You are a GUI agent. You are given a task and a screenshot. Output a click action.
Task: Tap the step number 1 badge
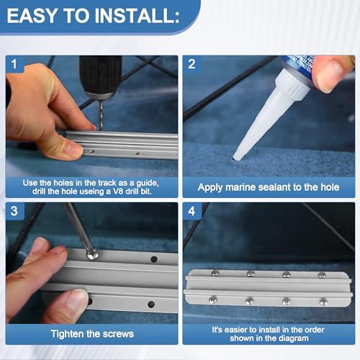click(x=14, y=64)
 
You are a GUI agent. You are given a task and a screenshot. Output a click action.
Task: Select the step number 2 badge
click(x=192, y=64)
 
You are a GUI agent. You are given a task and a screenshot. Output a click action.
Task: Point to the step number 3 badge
click(x=14, y=211)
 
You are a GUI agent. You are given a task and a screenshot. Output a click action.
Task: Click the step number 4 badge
click(x=192, y=211)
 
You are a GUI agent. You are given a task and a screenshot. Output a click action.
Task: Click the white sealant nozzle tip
click(x=236, y=157)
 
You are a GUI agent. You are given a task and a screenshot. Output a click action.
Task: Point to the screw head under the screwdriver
click(x=92, y=254)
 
